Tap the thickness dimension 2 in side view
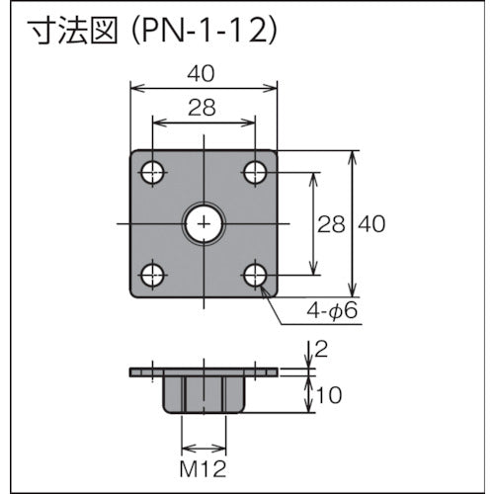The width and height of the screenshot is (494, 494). [319, 348]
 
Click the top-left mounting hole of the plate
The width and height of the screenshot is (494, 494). [152, 174]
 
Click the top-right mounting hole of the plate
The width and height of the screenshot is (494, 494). [255, 174]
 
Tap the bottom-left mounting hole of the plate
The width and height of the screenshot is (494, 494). [152, 275]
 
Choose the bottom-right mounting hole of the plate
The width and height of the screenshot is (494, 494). [255, 275]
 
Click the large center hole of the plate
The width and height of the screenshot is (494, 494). [204, 224]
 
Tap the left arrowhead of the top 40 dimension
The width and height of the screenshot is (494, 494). [136, 89]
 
